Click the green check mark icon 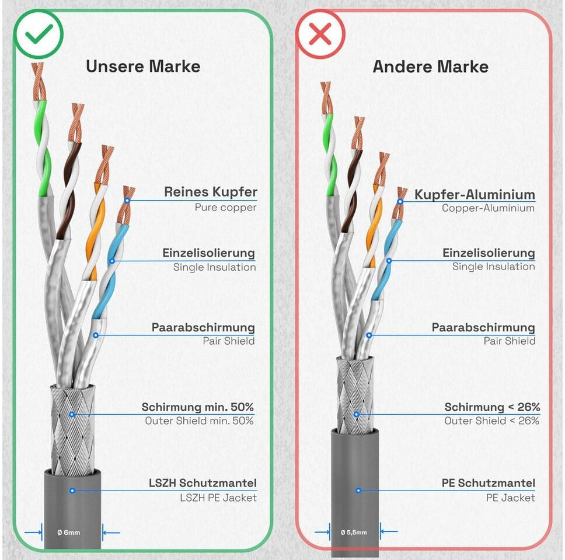(39, 34)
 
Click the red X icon (320, 34)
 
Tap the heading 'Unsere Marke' (143, 66)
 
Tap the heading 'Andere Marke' (430, 66)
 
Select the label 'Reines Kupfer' (210, 192)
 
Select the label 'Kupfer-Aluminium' (475, 194)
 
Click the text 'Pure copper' (225, 208)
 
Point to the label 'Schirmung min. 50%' (197, 407)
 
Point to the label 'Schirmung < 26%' (492, 407)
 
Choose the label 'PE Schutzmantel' (488, 483)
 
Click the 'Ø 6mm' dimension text (68, 532)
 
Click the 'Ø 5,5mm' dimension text (354, 531)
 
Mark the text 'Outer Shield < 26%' (491, 421)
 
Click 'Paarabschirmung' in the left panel (203, 328)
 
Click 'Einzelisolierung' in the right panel (489, 253)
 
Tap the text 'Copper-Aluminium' (488, 208)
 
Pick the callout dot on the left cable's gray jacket (72, 491)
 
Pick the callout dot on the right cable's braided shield (356, 415)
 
